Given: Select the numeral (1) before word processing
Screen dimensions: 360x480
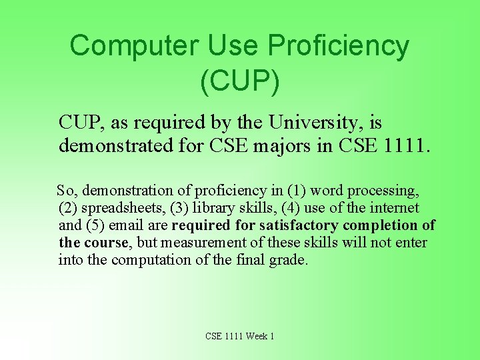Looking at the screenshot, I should tap(279, 191).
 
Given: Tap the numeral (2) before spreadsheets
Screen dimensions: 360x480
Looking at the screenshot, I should tap(68, 208).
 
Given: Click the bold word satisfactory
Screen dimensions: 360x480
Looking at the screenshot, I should tap(299, 225).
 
